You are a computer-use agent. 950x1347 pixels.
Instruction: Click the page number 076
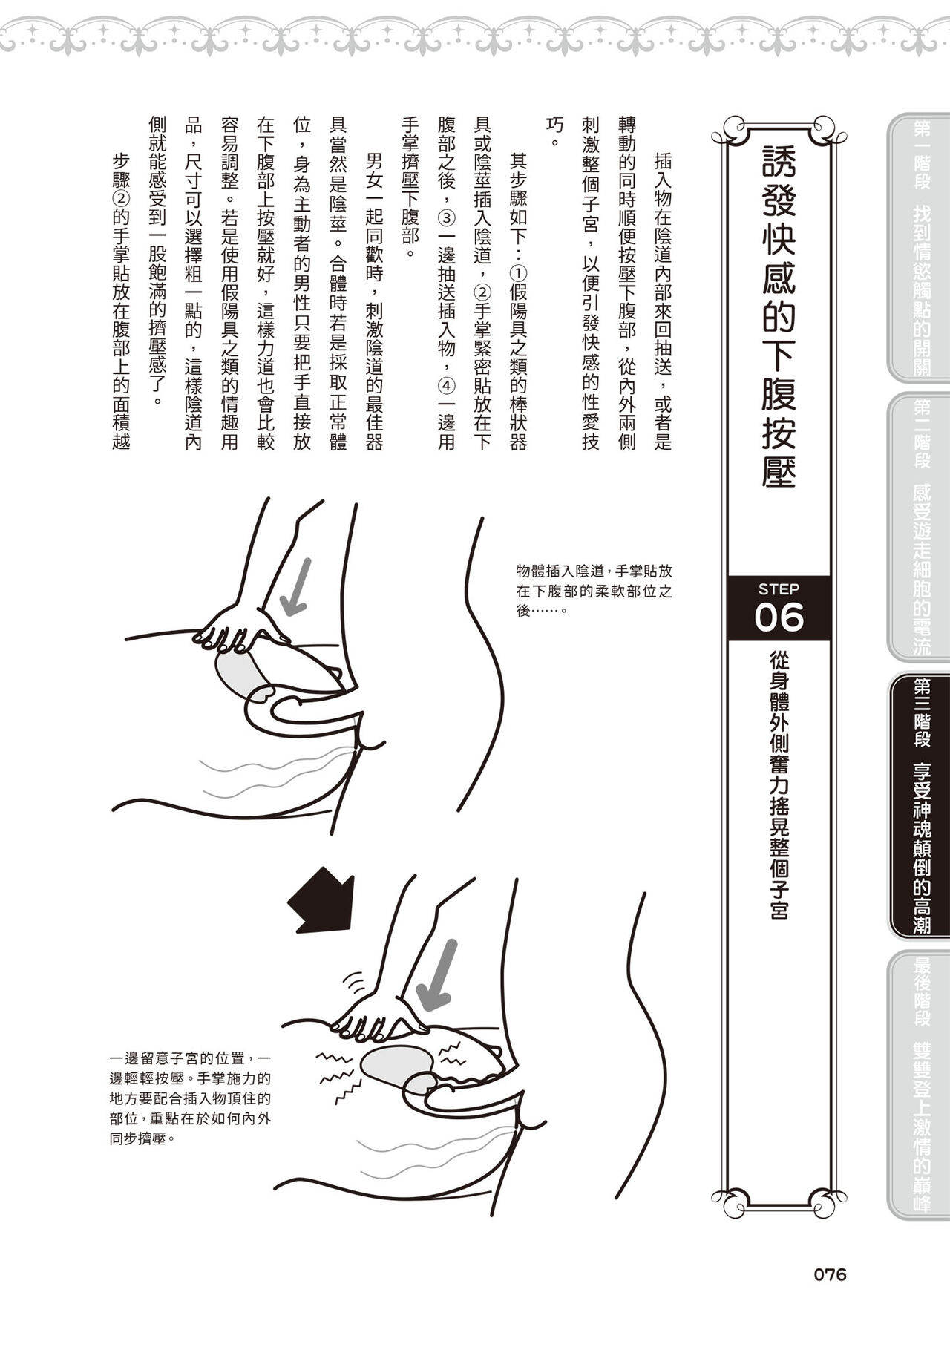[830, 1275]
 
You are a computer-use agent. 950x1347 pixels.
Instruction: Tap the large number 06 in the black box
[779, 617]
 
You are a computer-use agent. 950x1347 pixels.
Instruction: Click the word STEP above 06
[779, 589]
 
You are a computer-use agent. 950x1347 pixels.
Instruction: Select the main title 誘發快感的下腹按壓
[779, 315]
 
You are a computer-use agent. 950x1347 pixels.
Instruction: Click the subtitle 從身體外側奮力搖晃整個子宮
[779, 785]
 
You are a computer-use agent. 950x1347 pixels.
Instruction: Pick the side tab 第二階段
[921, 434]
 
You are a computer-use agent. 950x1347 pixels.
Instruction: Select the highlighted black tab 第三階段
[921, 713]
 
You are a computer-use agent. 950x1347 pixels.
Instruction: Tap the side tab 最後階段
[921, 992]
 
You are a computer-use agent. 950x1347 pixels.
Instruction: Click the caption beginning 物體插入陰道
[595, 591]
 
